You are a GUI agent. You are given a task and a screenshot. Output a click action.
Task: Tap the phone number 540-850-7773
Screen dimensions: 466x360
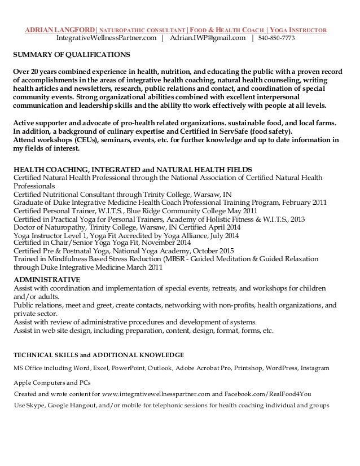276,38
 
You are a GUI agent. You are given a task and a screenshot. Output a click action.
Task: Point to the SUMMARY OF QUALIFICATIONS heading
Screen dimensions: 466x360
71,55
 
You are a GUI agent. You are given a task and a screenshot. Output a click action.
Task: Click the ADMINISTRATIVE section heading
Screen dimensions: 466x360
46,279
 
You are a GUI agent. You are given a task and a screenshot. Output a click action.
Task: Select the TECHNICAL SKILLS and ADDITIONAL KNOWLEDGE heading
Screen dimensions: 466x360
99,355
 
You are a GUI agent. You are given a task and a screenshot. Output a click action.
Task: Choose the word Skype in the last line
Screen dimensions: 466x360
35,406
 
